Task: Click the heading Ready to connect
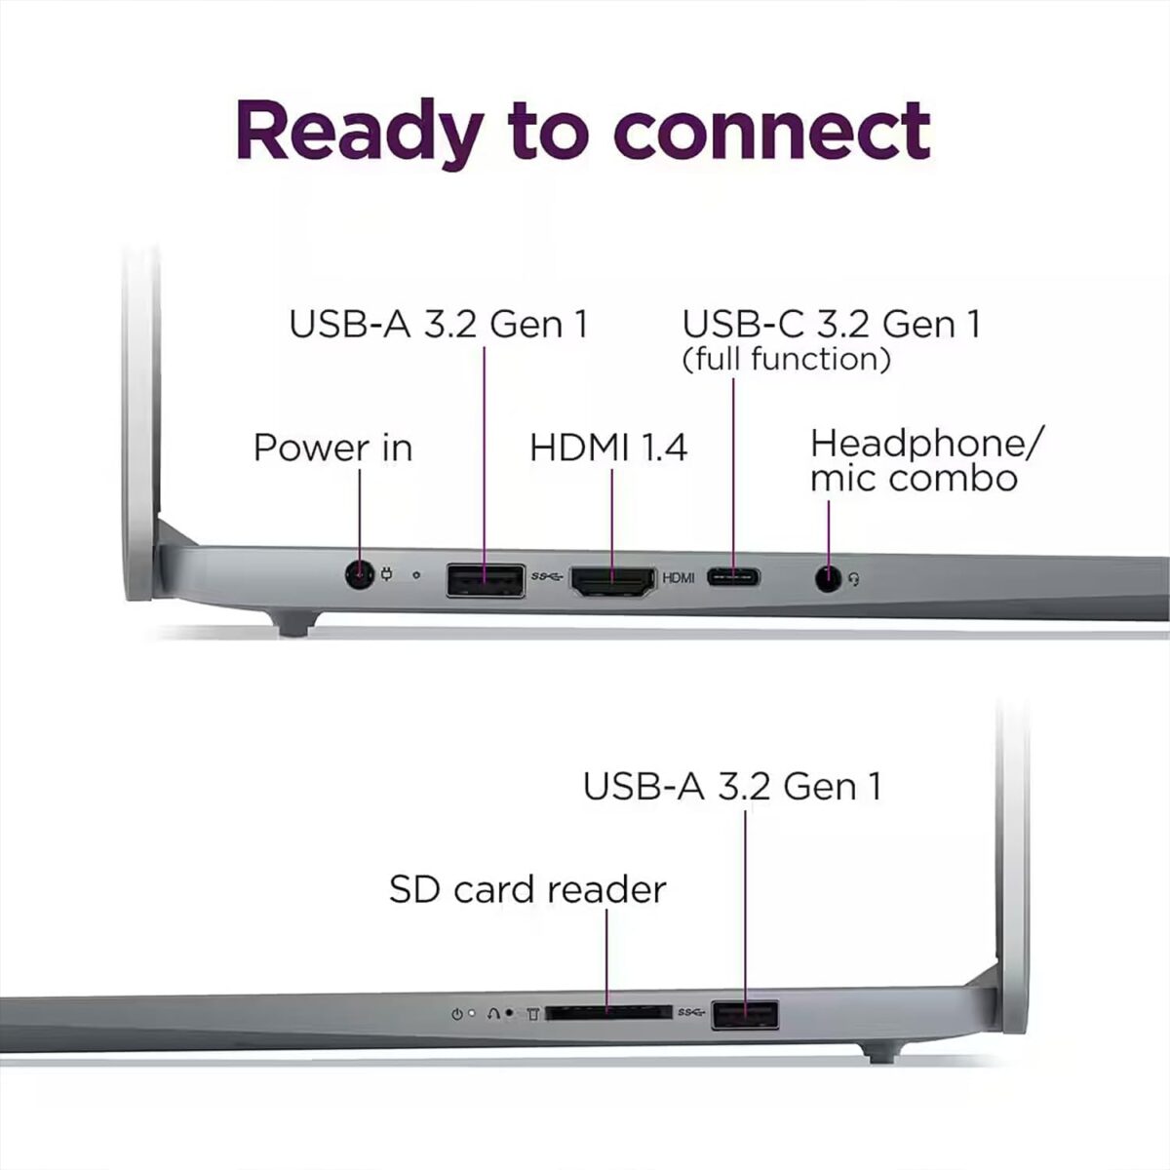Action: coord(583,129)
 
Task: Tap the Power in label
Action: coord(332,448)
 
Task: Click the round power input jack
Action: coord(360,575)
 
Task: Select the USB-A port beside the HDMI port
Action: coord(486,580)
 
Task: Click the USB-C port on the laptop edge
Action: coord(733,577)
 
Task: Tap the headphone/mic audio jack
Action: coord(828,579)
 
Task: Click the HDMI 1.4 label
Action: coord(608,448)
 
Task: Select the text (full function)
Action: coord(786,359)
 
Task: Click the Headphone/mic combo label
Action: coord(924,460)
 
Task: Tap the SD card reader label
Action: coord(527,889)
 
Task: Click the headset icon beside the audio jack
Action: coord(855,580)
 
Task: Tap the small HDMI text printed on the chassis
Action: coord(678,578)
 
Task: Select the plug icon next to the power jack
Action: coord(386,575)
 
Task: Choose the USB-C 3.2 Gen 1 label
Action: coord(831,324)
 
